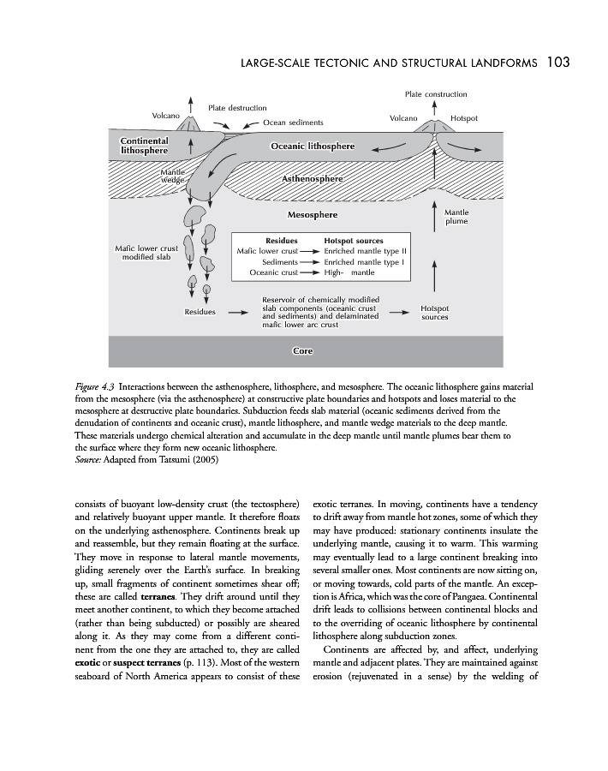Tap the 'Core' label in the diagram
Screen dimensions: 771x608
tap(302, 351)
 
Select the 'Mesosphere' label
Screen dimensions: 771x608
tap(312, 214)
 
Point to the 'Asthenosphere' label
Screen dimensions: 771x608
tap(312, 179)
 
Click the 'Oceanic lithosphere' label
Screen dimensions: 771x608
tap(312, 146)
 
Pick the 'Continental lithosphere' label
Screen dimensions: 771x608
tap(144, 145)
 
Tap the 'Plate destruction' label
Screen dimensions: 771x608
tap(237, 108)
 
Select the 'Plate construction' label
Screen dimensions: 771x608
tap(436, 94)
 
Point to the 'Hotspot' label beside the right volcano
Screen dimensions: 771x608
tap(463, 117)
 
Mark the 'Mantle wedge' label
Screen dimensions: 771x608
tap(173, 176)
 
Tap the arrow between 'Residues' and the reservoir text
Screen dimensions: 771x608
tap(238, 312)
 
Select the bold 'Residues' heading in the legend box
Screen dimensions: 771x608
tap(281, 241)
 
